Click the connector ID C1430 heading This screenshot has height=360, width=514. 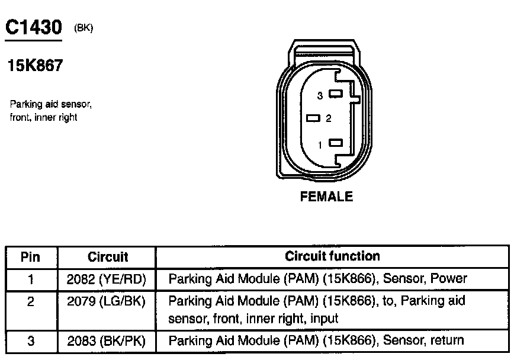click(33, 28)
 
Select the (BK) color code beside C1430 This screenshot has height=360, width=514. click(83, 28)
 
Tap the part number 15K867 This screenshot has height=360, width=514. click(35, 66)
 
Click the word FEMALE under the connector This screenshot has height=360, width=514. click(326, 197)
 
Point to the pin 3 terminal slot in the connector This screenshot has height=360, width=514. click(336, 94)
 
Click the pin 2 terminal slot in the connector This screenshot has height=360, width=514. click(313, 118)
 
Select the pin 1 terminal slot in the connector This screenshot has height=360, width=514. click(336, 143)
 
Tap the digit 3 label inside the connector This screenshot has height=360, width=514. click(320, 95)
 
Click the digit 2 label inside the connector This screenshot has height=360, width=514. click(329, 118)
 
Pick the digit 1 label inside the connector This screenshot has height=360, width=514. click(320, 143)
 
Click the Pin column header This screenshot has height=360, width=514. click(30, 257)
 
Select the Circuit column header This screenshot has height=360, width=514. click(108, 257)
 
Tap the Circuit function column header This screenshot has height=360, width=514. click(332, 256)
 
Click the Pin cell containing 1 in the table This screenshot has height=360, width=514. click(30, 279)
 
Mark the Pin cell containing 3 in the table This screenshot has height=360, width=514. click(30, 340)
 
